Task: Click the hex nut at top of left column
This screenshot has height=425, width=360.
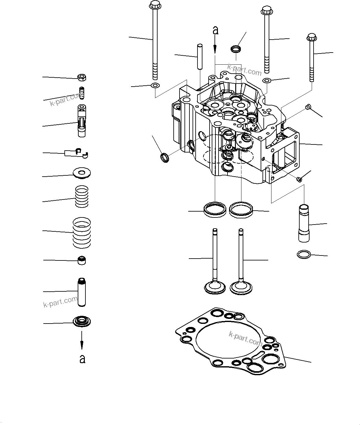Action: (x=82, y=77)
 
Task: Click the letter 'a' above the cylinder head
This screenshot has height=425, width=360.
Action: (x=215, y=30)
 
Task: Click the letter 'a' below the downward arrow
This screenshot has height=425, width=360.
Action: (x=82, y=359)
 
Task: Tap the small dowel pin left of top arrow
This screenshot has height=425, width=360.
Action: (x=200, y=57)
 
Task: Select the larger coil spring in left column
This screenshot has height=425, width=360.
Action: (x=82, y=232)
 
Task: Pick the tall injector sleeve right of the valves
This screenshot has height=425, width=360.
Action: (x=304, y=223)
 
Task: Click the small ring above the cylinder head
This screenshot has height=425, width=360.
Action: (x=236, y=49)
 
